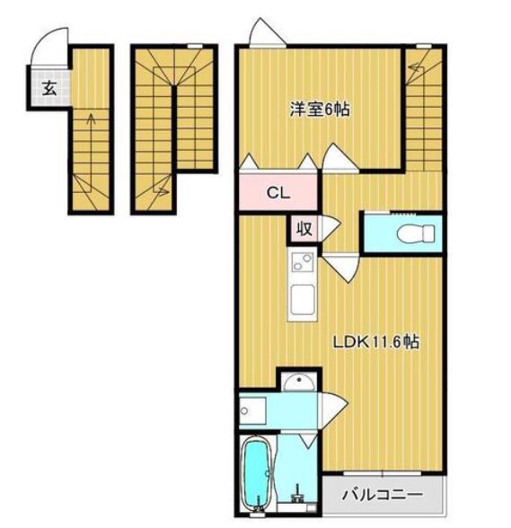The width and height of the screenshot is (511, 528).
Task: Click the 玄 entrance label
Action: pos(49,89)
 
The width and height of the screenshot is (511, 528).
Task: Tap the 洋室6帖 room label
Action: pos(320,110)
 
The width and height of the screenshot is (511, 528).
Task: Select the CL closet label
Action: pos(278,193)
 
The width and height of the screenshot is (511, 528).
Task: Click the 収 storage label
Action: pos(304,229)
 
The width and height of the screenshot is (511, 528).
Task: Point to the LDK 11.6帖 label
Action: pos(376,342)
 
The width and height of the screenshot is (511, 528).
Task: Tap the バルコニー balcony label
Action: pos(383,495)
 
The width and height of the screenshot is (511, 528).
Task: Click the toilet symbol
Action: pos(416,233)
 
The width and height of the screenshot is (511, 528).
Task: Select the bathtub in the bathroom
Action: pos(257,474)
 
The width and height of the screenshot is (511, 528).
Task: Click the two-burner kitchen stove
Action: pos(302,262)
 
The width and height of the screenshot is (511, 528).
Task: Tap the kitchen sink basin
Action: pos(303,300)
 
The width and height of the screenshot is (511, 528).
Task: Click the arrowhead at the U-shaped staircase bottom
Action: pos(163,191)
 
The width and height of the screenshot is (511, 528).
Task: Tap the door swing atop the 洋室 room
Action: pos(268,31)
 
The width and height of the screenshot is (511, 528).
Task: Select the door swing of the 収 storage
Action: pos(330,229)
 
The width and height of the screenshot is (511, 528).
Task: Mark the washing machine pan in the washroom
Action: pos(252,411)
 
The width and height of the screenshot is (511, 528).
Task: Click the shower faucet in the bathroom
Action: pos(297,494)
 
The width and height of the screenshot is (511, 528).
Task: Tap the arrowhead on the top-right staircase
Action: pos(415,68)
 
